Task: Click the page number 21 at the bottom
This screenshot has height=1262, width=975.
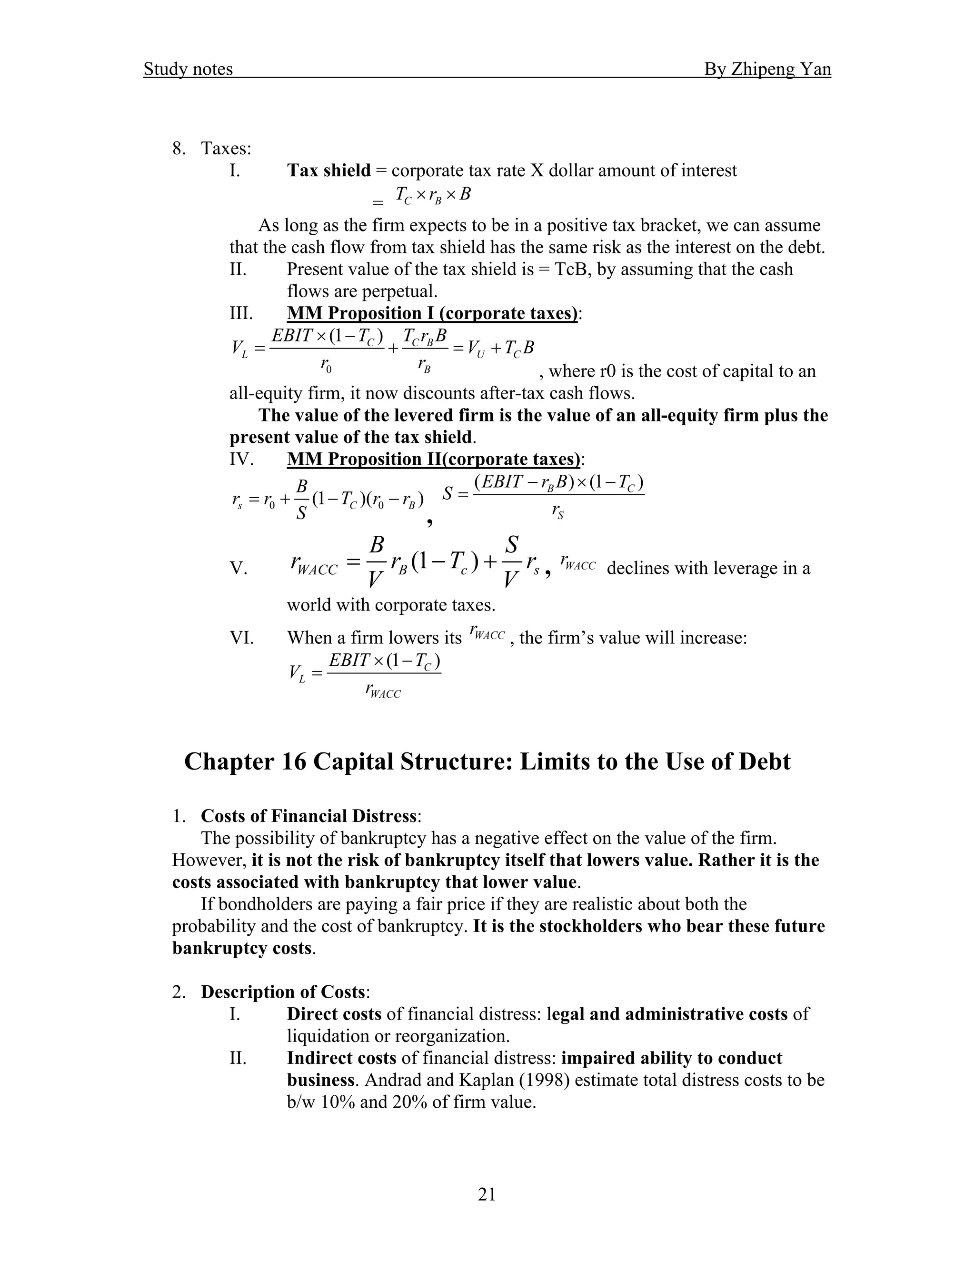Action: (487, 1194)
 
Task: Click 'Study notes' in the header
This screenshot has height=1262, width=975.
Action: (188, 70)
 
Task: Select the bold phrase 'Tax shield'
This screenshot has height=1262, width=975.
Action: (328, 170)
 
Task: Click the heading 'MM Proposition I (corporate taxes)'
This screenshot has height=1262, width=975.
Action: (432, 313)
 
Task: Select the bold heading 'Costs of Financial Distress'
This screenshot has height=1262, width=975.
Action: (308, 816)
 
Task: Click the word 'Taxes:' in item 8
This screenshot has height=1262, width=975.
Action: (226, 149)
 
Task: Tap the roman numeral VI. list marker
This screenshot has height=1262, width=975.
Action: (241, 638)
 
